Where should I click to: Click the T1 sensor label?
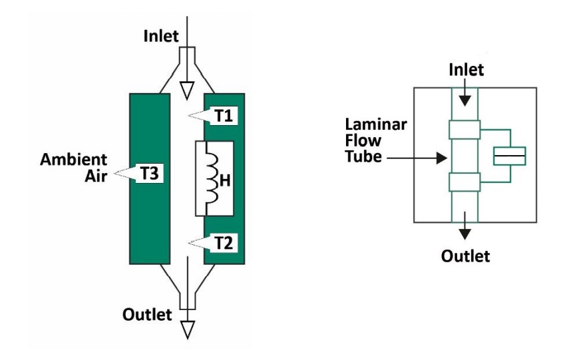[x=224, y=115]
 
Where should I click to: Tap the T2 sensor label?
[x=224, y=242]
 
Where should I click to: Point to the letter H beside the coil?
[x=224, y=179]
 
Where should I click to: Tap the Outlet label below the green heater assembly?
[x=147, y=314]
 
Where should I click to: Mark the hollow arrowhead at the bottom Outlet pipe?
[x=188, y=328]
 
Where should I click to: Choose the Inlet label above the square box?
[x=465, y=69]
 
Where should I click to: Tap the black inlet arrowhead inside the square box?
[x=465, y=99]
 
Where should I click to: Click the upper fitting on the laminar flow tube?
[x=465, y=130]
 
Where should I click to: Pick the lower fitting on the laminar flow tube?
[x=465, y=182]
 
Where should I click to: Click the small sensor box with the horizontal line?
[x=509, y=156]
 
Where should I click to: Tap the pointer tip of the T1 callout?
[x=189, y=116]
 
